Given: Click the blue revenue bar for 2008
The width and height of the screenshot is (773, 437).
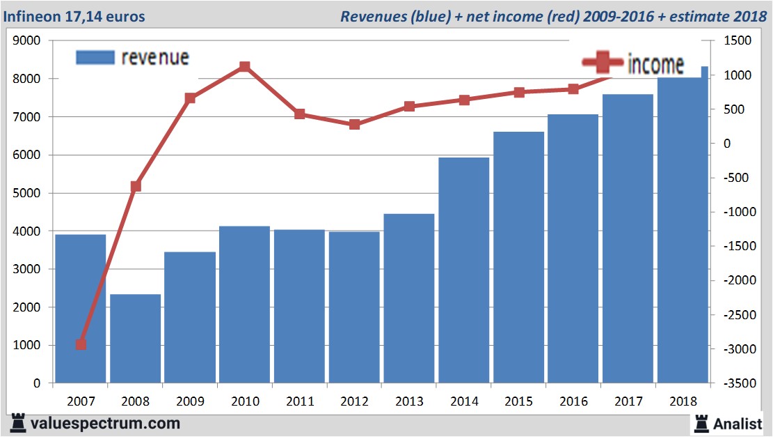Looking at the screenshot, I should coord(136,339).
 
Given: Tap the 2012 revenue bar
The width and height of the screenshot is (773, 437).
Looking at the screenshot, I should coord(354,307).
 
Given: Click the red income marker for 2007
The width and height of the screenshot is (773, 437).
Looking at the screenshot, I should coord(81,344).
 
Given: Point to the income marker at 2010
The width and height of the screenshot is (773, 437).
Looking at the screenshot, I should coord(245,67).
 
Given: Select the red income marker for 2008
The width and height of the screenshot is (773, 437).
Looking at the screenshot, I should coord(136,186).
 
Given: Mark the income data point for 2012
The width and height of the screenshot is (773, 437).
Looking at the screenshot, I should coord(354,125).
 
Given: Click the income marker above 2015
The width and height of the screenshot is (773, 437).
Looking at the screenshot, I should coord(519,92).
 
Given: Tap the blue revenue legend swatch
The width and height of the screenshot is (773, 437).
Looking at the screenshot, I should coord(95,58).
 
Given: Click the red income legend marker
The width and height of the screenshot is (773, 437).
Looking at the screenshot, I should coord(603,63).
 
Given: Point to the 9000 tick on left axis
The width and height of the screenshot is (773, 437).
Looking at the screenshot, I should coord(27,41).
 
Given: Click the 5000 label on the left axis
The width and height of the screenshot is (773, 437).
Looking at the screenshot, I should coord(27,193).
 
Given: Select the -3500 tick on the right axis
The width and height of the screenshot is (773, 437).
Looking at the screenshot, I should coord(738,383).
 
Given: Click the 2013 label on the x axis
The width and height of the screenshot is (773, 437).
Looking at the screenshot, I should coord(409,401).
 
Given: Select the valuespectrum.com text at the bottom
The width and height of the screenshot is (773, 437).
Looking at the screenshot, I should coord(105,423).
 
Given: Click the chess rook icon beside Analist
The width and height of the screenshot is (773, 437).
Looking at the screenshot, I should coord(701,422).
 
